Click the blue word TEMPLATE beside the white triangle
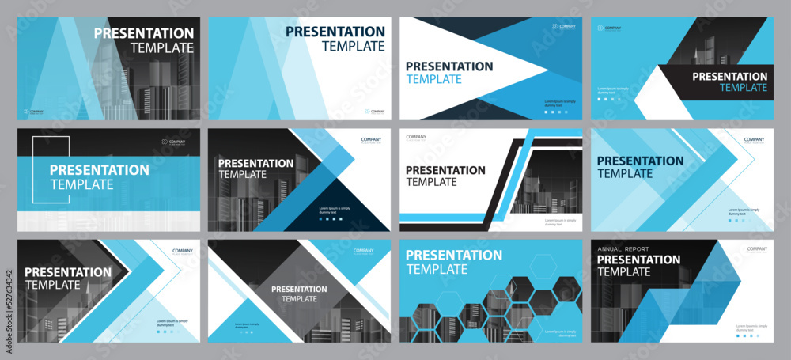433,79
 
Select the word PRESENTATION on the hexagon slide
454,255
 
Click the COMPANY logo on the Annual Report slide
757,249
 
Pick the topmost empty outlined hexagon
543,267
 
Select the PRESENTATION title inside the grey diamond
300,289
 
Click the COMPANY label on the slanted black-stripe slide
416,138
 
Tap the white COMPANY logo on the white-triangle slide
562,26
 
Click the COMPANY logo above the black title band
608,28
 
